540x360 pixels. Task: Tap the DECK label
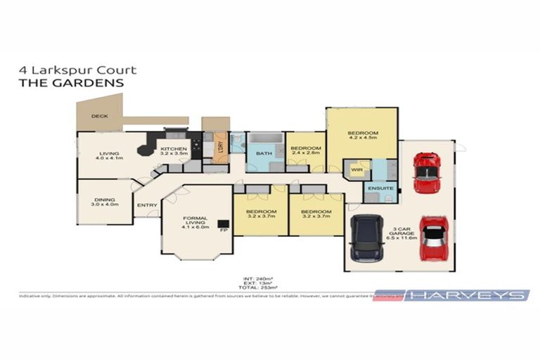point(100,117)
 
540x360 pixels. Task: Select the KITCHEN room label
point(172,150)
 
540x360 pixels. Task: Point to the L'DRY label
point(220,146)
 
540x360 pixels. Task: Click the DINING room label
point(103,200)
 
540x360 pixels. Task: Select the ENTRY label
point(148,205)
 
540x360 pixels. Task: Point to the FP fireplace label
point(224,230)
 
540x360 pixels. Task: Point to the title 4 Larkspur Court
point(77,70)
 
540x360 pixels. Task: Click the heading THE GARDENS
point(70,82)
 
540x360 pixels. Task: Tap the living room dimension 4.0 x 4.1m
point(109,158)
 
